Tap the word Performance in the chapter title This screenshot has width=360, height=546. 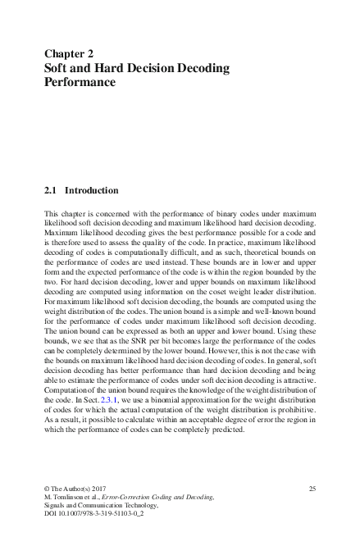click(x=80, y=83)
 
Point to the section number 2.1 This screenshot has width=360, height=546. click(x=50, y=190)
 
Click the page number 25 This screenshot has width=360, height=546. click(x=312, y=489)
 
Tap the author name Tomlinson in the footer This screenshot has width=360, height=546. click(x=72, y=498)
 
